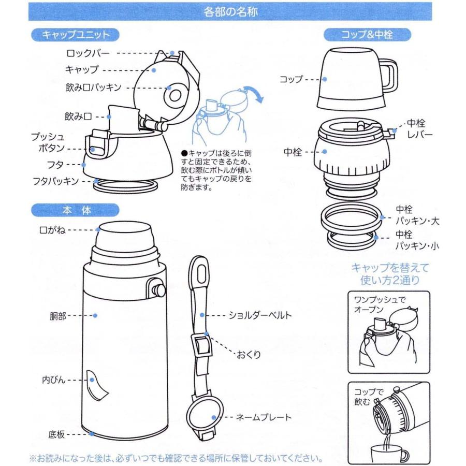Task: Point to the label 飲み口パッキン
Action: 93,87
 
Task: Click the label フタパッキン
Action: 55,181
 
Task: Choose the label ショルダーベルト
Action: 260,314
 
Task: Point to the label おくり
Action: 249,355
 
